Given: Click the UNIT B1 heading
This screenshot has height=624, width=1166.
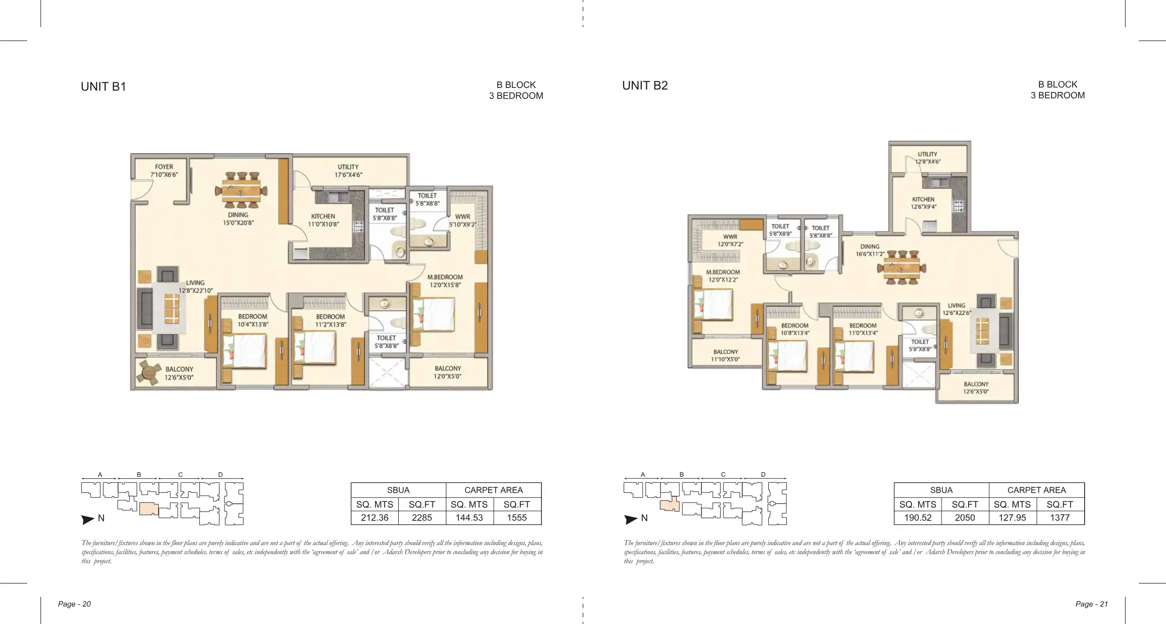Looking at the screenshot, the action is click(x=103, y=86).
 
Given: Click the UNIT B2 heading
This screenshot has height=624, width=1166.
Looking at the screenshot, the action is click(x=645, y=85).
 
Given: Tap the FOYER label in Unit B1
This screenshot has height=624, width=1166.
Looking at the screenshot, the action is click(x=164, y=167).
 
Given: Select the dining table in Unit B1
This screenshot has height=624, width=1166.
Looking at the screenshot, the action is click(x=242, y=190).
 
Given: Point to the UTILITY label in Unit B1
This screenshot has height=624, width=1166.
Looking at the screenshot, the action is click(x=348, y=167).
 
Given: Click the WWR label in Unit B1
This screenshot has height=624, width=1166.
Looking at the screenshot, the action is click(x=462, y=217).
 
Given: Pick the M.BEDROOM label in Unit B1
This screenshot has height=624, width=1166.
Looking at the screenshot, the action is click(x=445, y=277).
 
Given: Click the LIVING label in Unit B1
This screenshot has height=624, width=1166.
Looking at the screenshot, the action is click(x=195, y=283).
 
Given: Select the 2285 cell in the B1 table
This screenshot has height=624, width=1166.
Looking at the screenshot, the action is click(x=422, y=517).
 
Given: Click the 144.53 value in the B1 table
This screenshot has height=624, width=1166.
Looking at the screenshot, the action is click(x=469, y=517).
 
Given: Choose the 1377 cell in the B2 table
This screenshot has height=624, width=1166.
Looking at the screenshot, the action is click(x=1060, y=517).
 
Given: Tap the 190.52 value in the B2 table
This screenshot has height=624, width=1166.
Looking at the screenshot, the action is click(x=918, y=517).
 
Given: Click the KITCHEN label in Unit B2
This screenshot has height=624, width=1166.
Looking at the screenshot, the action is click(x=923, y=199).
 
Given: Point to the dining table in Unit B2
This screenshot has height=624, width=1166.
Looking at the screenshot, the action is click(x=902, y=267).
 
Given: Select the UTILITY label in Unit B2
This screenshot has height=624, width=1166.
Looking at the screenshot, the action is click(x=927, y=154).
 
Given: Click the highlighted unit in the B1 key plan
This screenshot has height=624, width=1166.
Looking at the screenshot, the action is click(x=149, y=508).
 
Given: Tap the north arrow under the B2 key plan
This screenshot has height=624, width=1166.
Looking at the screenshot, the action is click(x=631, y=519).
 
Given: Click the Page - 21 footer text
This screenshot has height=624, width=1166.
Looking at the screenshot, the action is click(x=1092, y=604).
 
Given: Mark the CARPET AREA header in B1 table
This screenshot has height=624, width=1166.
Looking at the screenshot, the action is click(x=494, y=490).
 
